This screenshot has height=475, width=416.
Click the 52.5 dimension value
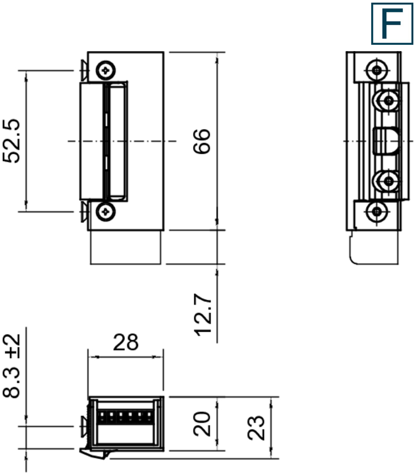tap(12, 141)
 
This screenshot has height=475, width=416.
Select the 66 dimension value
tap(202, 141)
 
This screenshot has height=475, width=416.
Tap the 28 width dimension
tap(126, 342)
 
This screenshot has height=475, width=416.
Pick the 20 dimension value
tap(203, 424)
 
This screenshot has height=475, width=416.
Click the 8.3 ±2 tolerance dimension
tap(12, 365)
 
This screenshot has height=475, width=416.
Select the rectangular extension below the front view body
tap(126, 247)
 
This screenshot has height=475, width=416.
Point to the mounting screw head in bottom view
tap(84, 426)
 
